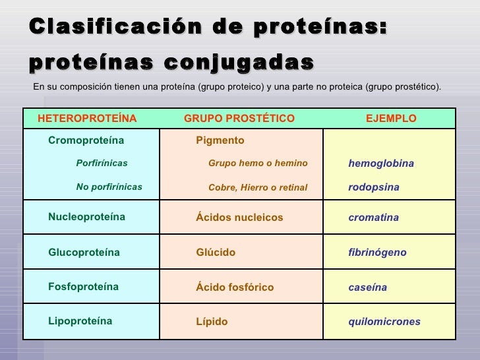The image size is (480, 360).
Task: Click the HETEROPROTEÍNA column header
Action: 87,119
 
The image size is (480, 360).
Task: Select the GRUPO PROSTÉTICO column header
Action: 239,119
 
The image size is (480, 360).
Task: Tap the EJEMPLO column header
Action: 391,119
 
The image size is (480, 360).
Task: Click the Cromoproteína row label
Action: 86,140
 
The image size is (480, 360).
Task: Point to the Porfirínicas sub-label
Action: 102,163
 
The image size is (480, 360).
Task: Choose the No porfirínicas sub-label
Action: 109,187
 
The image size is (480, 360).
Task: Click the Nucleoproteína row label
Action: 86,217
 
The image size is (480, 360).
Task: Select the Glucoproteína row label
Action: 84,253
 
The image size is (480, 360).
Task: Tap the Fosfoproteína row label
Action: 83,287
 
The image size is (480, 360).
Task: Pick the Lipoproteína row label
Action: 80,322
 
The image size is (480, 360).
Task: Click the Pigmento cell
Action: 220,140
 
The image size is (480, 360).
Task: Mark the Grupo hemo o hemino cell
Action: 258,163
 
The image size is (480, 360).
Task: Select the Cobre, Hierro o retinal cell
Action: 258,187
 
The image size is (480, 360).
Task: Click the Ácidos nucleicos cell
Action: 239,218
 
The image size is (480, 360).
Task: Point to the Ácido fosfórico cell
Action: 234,287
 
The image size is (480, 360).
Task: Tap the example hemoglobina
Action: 381,164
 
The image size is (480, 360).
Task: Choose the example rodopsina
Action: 374,187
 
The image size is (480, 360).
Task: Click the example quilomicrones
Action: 384,322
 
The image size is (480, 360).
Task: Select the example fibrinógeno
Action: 377,253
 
